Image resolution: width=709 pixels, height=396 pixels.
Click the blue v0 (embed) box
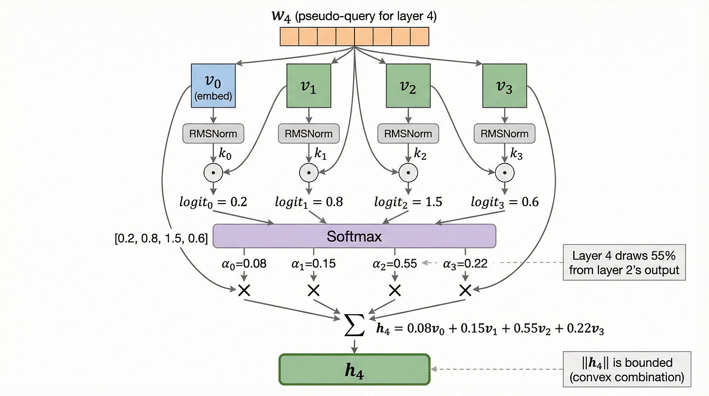coord(213,86)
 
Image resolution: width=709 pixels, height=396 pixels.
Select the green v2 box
coord(408,86)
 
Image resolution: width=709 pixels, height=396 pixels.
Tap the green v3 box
coord(504,86)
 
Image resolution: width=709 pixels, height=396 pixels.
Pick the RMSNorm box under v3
coord(504,133)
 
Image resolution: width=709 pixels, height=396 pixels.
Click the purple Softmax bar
coord(354,236)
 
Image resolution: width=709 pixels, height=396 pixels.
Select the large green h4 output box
coord(354,370)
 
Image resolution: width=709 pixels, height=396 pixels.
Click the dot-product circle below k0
coord(213,171)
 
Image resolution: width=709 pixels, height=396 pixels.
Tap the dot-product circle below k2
coord(408,171)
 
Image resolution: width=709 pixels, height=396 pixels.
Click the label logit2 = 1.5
coord(408,202)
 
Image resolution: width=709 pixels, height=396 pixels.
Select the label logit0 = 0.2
coord(213,202)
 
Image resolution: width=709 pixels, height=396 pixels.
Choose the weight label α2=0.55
coord(395,264)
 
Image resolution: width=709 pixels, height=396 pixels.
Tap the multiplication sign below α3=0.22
coord(465,291)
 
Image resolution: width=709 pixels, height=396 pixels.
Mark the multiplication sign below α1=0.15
coord(314,291)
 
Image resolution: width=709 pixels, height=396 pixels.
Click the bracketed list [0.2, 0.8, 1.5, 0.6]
coord(159,239)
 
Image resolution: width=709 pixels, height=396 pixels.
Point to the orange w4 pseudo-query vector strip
coord(354,37)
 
